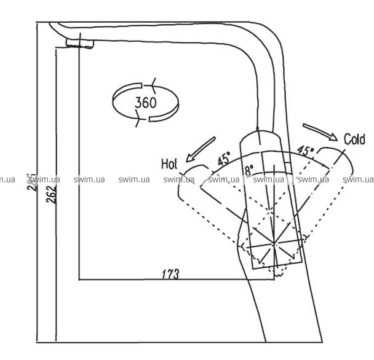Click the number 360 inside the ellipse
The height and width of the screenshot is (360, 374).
point(146,102)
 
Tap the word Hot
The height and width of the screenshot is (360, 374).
point(169,163)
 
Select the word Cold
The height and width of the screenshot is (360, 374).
point(354,139)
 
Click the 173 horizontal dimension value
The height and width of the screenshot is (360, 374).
point(170,274)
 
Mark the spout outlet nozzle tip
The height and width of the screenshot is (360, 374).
point(78,42)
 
